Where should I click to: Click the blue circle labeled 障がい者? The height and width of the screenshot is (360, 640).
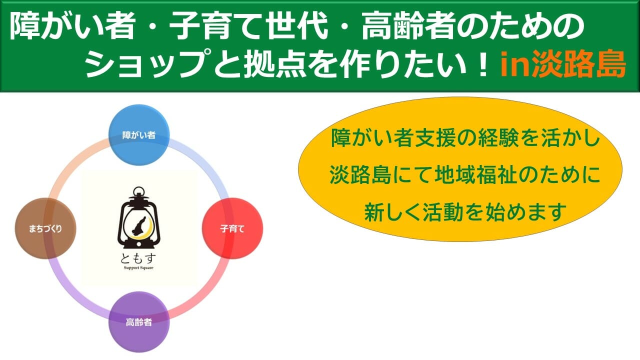[139, 135]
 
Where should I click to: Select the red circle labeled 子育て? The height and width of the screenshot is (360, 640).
[232, 228]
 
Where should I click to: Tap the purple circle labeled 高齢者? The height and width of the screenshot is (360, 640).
[139, 322]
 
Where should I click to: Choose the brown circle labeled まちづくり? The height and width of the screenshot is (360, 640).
[45, 228]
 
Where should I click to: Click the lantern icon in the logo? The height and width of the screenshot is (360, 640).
[139, 217]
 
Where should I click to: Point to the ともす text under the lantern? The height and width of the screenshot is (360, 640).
[138, 258]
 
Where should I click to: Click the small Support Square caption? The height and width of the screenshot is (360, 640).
[138, 268]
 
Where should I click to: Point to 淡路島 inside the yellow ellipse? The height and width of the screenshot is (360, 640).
[360, 175]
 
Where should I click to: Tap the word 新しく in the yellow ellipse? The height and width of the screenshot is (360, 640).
[393, 212]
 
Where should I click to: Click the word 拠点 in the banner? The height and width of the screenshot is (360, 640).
[275, 65]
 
